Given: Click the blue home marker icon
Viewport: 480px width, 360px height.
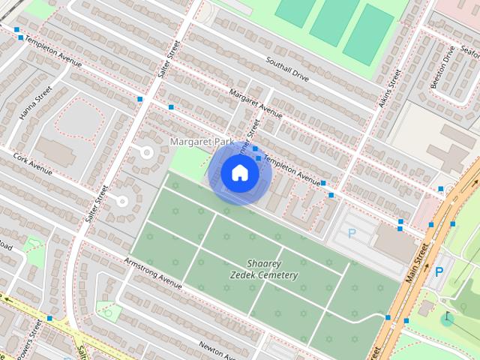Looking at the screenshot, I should point(240,173).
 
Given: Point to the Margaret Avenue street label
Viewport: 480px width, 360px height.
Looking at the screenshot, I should point(256,104).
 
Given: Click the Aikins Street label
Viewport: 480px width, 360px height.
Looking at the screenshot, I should point(390,88).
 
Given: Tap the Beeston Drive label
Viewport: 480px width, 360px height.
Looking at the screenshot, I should point(442,67).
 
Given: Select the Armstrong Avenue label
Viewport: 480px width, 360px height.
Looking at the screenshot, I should point(153,273).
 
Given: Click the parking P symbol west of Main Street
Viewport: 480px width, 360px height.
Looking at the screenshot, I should point(352,233).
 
